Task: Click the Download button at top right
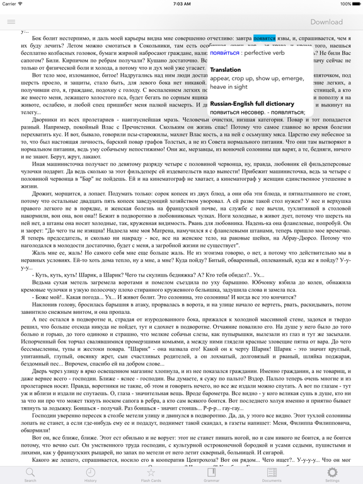326,21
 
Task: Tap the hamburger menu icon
11,21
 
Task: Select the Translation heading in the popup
225,69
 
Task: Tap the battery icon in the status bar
351,4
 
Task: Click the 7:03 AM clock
181,4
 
